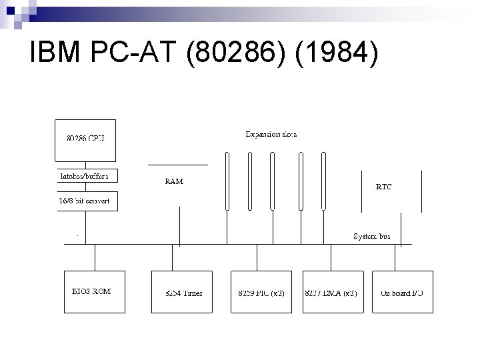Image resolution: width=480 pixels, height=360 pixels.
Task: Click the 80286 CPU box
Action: (x=85, y=139)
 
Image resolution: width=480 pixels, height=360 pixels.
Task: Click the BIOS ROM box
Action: (x=95, y=291)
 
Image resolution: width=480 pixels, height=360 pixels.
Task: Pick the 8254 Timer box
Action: (x=182, y=291)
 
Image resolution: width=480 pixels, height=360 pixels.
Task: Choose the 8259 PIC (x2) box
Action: (x=261, y=291)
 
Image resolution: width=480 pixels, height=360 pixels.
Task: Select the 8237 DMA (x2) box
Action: (x=333, y=291)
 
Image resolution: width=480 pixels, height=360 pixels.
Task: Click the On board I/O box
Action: (x=402, y=291)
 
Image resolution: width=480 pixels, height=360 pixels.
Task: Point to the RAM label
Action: (x=174, y=181)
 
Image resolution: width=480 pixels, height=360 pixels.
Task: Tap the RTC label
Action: (x=384, y=187)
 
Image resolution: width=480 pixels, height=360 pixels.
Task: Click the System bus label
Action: (x=371, y=236)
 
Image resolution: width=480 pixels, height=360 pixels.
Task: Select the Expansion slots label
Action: (x=271, y=134)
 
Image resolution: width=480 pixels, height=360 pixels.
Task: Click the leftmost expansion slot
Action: (x=227, y=180)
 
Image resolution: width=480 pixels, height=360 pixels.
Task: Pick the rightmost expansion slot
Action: (x=323, y=180)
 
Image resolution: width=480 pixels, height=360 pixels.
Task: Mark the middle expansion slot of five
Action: (x=272, y=180)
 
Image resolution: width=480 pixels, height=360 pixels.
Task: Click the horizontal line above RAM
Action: (x=177, y=164)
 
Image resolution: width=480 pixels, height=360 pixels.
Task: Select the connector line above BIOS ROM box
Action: (x=95, y=257)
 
